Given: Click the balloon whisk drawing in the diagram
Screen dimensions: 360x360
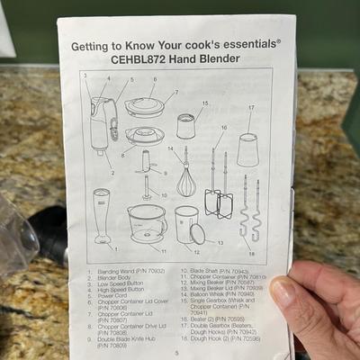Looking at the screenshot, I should pyautogui.click(x=185, y=178).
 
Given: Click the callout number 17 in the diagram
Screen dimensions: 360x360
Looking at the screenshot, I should pyautogui.click(x=250, y=108).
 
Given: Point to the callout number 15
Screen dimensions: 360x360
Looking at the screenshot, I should pyautogui.click(x=204, y=103).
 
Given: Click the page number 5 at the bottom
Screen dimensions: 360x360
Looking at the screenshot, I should pyautogui.click(x=177, y=353).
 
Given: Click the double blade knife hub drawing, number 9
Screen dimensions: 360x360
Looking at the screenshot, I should pyautogui.click(x=145, y=162).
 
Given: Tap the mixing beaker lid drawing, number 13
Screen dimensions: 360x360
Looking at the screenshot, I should pyautogui.click(x=197, y=233).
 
